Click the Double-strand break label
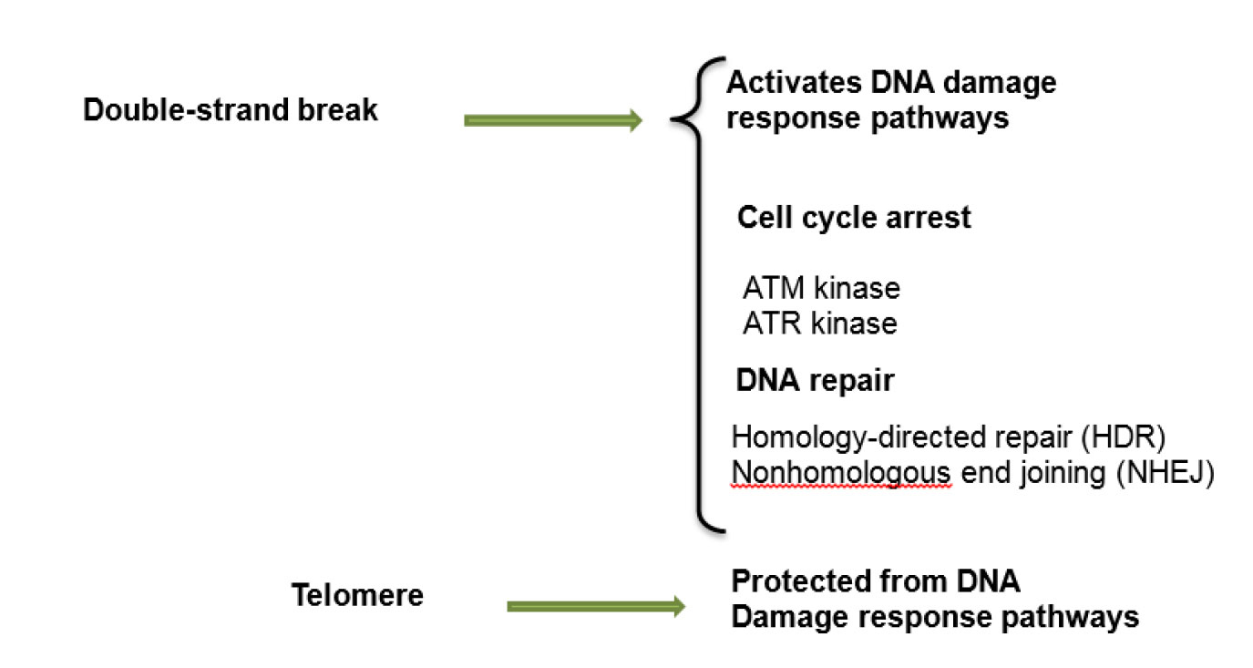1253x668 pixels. tap(231, 109)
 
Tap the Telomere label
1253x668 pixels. tap(357, 595)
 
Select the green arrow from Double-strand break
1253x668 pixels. tap(553, 120)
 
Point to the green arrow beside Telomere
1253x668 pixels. tap(596, 606)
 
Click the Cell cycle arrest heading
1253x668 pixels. tap(854, 218)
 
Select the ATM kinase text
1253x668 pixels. tap(821, 288)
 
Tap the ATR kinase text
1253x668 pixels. tap(820, 324)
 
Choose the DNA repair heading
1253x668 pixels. tap(815, 381)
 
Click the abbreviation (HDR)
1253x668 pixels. tap(1124, 437)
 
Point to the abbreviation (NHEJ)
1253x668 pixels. tap(1166, 473)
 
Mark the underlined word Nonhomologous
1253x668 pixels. tap(841, 473)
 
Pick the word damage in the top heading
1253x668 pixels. tap(1000, 84)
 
